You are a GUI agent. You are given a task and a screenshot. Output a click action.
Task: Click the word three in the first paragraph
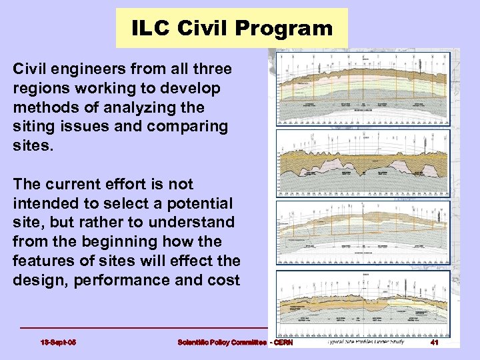point(207,69)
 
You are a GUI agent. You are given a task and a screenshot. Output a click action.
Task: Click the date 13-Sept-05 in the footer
point(58,343)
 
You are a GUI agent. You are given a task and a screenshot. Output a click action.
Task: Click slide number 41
point(433,343)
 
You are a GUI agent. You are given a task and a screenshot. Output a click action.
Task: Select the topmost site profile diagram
point(363,89)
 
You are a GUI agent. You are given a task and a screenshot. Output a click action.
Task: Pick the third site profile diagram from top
point(363,233)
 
